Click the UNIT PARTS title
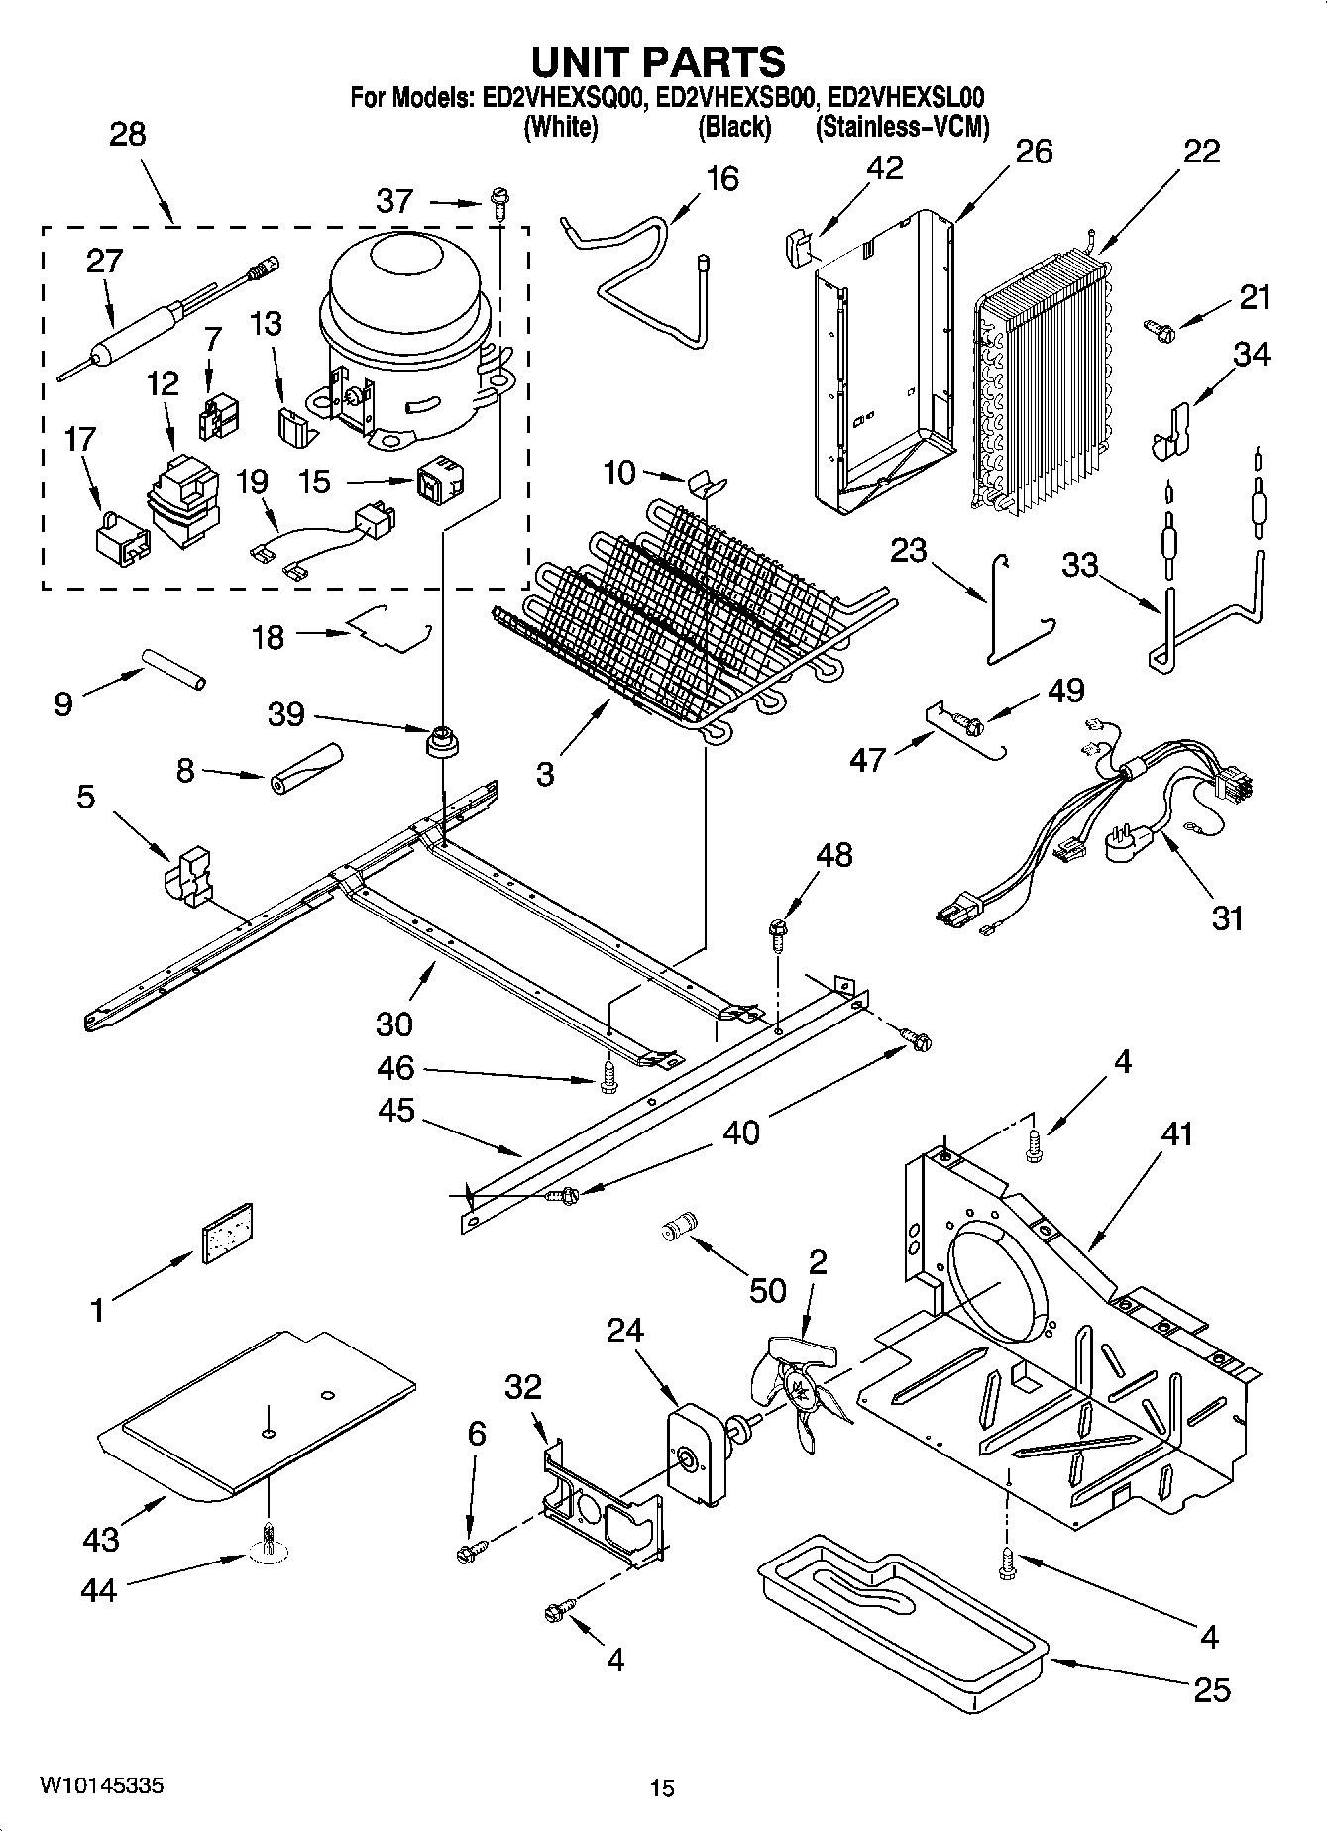point(658,61)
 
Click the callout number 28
point(128,134)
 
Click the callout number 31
point(1227,918)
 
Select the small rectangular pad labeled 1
point(227,1233)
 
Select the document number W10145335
point(102,1785)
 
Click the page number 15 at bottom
point(662,1788)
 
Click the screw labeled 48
point(777,931)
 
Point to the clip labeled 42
point(798,243)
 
